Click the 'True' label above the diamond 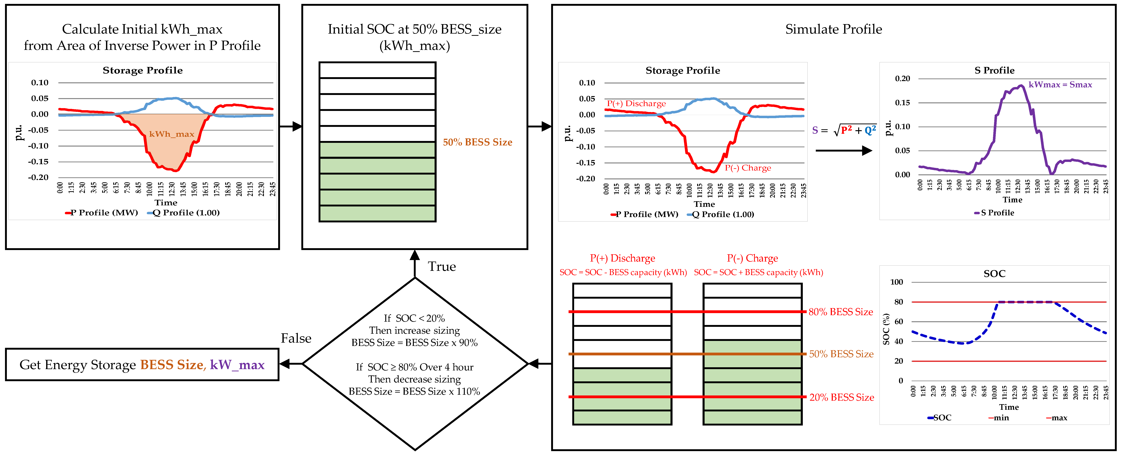pos(442,267)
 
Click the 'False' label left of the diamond pos(296,338)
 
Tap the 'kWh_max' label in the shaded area pos(171,134)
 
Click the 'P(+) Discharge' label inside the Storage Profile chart pos(636,104)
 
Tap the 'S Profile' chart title pos(994,70)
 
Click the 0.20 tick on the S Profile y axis pos(903,79)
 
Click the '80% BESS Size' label pos(841,312)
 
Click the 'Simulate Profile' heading pos(833,29)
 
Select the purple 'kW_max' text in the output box pos(237,365)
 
